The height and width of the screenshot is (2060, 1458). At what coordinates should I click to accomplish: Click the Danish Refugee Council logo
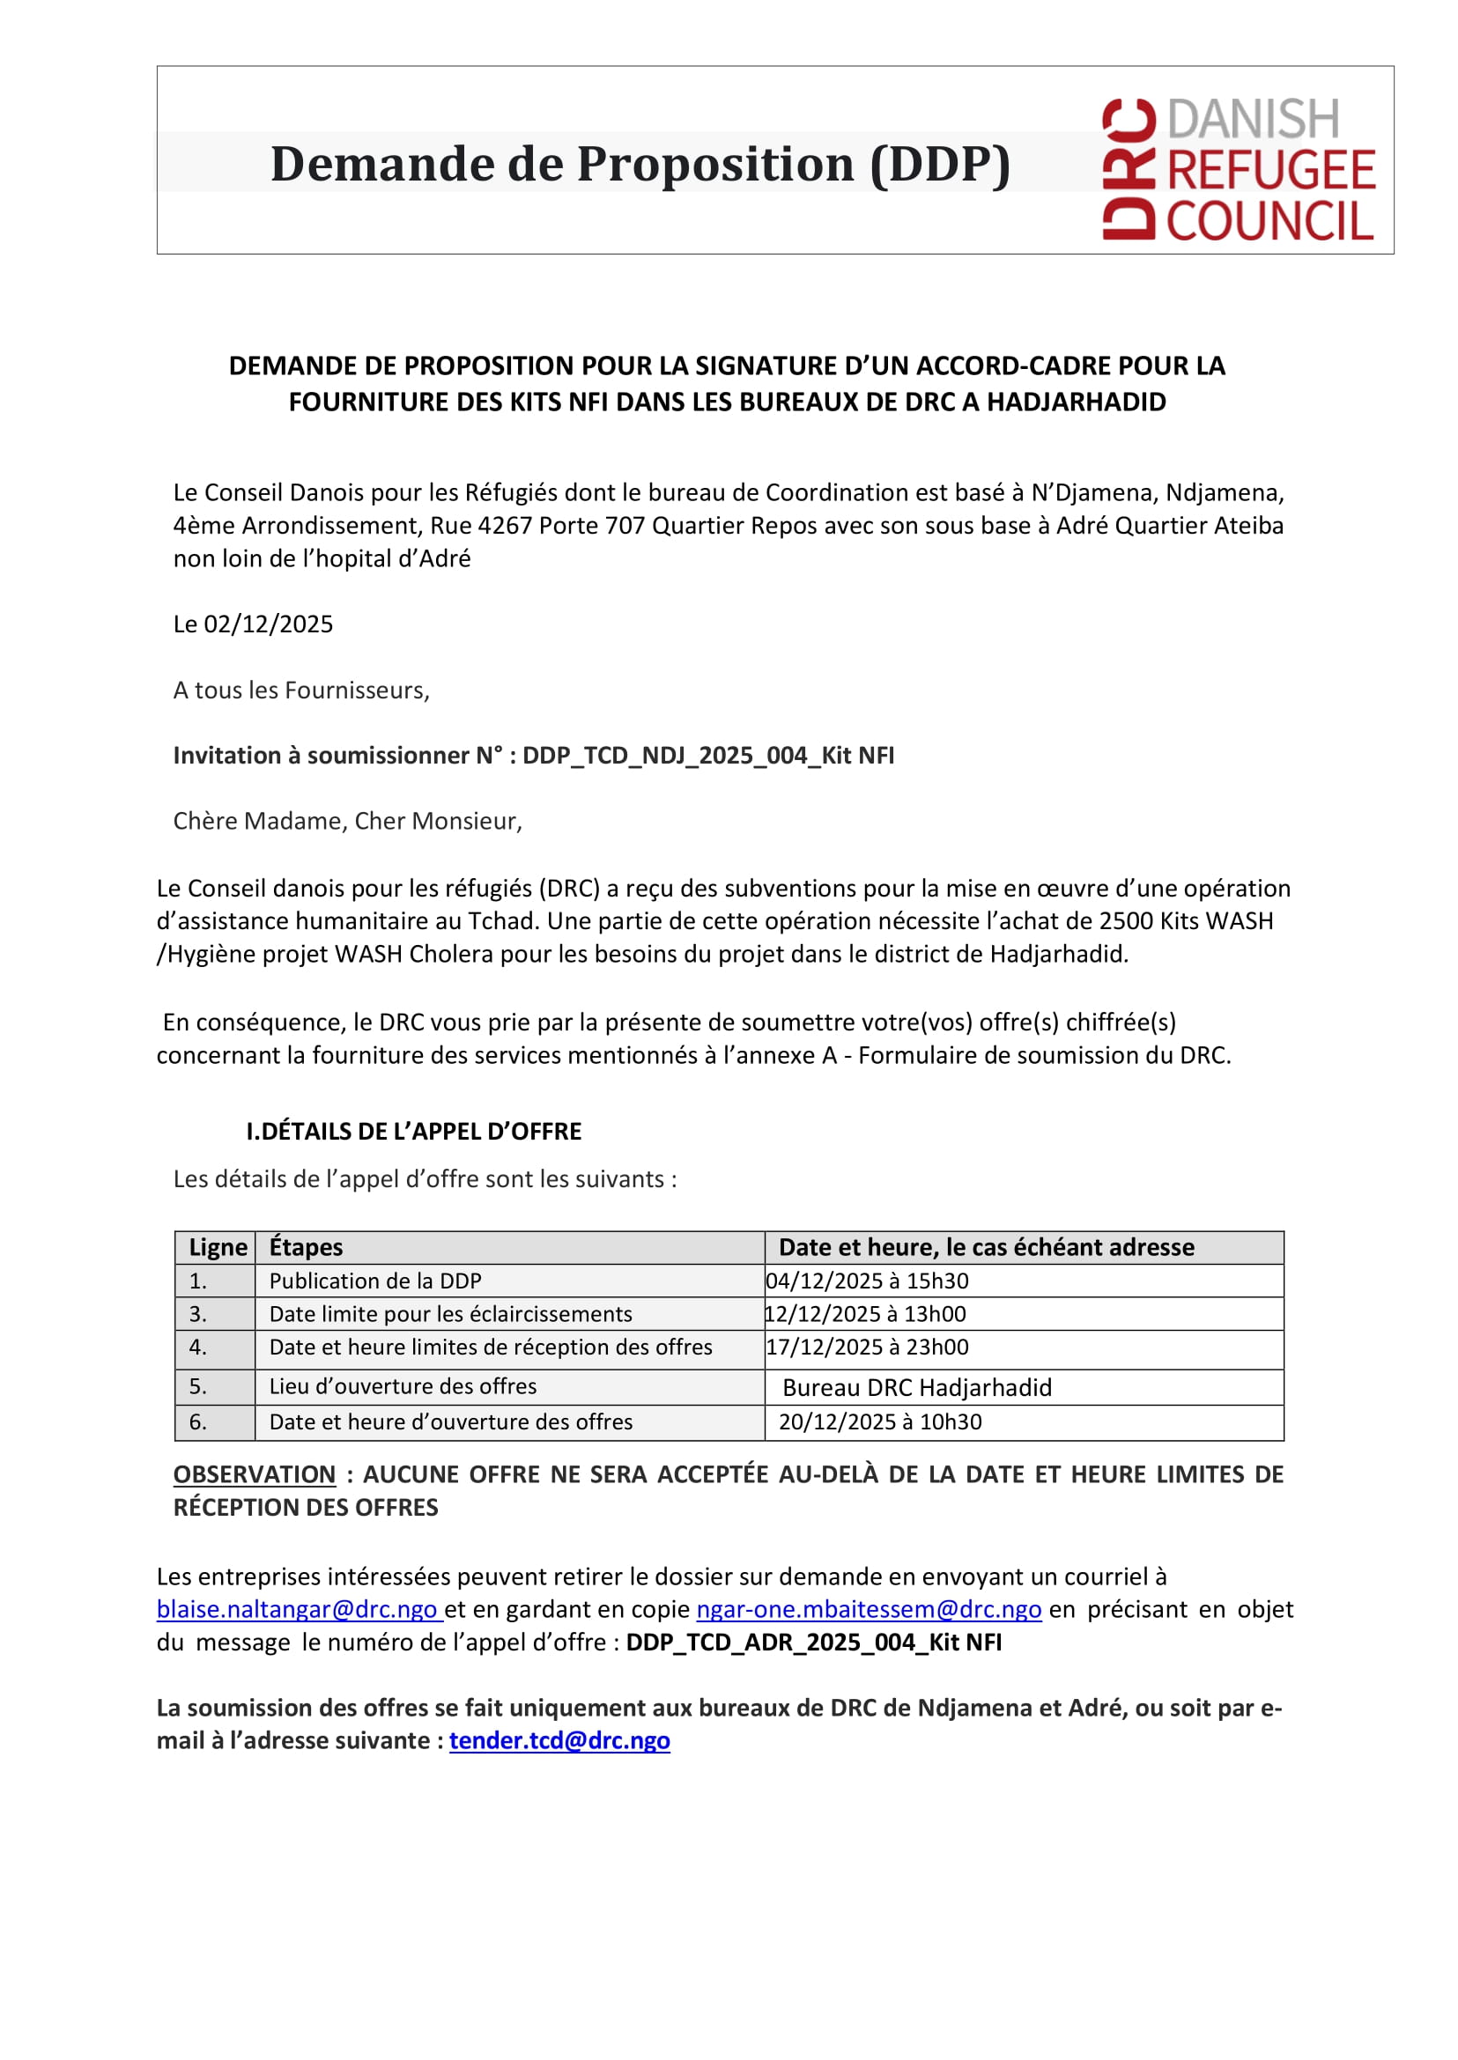[x=1238, y=169]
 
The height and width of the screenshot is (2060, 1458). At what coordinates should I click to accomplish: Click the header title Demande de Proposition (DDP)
[x=640, y=165]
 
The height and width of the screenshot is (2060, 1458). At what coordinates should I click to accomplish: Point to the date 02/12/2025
[x=269, y=624]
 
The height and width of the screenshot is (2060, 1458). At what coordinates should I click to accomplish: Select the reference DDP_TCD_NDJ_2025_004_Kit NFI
[x=708, y=755]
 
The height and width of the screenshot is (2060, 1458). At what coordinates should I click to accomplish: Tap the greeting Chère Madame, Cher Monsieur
[x=347, y=821]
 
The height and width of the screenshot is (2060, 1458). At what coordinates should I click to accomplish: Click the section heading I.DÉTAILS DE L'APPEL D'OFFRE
[x=414, y=1131]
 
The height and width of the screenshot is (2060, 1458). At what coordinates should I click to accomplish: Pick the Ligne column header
[x=218, y=1247]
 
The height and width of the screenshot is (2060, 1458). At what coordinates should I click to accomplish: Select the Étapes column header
[x=307, y=1247]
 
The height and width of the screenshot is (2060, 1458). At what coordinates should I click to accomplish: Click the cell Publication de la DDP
[x=375, y=1281]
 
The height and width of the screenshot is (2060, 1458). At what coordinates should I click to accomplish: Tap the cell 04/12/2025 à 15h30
[x=867, y=1281]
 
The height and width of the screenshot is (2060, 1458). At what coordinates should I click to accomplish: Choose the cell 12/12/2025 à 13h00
[x=865, y=1314]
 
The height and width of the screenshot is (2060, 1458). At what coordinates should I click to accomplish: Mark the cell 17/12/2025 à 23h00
[x=867, y=1347]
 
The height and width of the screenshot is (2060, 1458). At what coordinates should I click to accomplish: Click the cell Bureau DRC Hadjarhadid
[x=916, y=1388]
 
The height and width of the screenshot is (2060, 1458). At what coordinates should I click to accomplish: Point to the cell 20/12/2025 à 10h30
[x=880, y=1421]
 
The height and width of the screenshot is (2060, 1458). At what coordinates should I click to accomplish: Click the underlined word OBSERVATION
[x=254, y=1474]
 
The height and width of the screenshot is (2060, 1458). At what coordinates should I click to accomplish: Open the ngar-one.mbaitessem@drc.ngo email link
[x=868, y=1609]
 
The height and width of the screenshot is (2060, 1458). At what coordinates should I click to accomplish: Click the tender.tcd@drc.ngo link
[x=559, y=1740]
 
